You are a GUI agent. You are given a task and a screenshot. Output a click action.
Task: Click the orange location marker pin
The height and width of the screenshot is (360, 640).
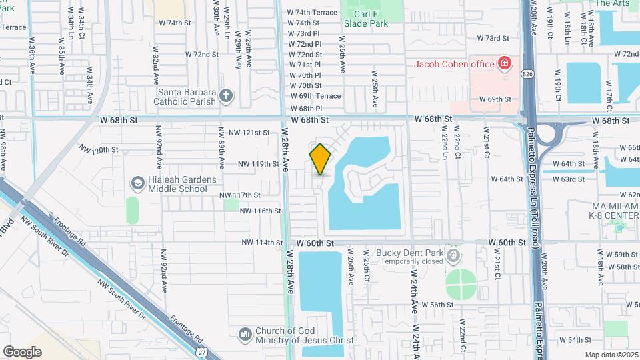[x=320, y=159]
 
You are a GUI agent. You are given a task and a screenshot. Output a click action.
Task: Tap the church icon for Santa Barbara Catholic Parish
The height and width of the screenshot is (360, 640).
[x=227, y=97]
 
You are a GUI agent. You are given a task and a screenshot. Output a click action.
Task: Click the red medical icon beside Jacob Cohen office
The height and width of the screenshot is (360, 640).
[x=505, y=64]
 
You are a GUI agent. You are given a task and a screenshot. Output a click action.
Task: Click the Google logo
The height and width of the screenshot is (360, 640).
[x=22, y=351]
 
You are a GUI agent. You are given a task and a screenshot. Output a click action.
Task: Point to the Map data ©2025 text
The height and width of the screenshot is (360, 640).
[x=611, y=355]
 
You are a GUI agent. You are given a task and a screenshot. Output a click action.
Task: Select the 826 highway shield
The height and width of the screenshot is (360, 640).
[x=528, y=73]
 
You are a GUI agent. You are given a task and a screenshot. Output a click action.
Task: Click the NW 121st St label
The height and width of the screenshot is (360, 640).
[x=249, y=133]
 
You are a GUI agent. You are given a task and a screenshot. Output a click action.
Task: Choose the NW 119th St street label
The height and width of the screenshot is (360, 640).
[x=249, y=163]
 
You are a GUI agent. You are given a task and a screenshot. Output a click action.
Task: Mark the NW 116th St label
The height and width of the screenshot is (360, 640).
[x=260, y=211]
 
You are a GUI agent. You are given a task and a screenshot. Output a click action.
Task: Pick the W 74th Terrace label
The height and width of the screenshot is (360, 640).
[x=312, y=13]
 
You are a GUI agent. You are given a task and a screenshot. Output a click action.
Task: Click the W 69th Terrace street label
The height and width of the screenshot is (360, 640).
[x=315, y=96]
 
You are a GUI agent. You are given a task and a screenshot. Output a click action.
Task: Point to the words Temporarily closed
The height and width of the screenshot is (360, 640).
[x=412, y=262]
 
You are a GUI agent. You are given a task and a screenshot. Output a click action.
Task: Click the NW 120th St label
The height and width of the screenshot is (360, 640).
[x=98, y=149]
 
